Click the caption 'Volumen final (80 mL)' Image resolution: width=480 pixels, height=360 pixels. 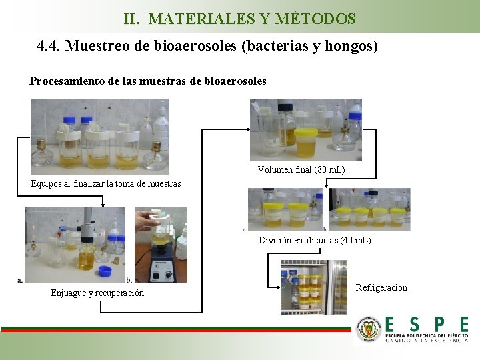(301, 169)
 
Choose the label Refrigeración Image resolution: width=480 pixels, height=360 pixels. (381, 287)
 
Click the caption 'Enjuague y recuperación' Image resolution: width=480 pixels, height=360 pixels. (97, 293)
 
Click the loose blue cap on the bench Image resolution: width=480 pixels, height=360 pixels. (105, 270)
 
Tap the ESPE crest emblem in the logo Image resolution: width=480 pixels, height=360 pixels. (369, 329)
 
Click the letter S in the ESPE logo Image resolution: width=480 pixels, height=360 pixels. (413, 325)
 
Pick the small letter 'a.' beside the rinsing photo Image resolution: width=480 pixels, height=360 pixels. (20, 280)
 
